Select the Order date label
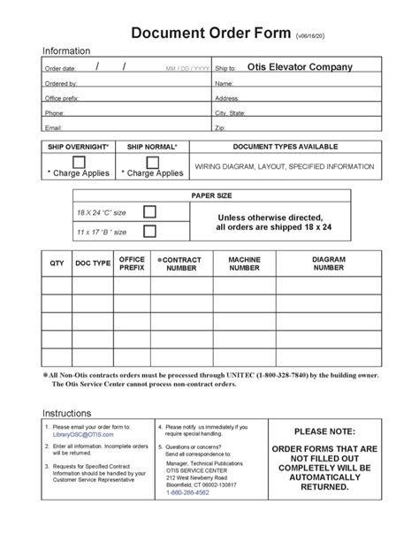click(x=61, y=68)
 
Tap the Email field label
click(x=53, y=128)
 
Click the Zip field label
click(x=220, y=128)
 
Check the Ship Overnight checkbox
click(x=79, y=162)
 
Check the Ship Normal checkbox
click(x=152, y=162)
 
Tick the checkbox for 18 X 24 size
click(x=149, y=211)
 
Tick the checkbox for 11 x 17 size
click(x=149, y=231)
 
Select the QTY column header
click(x=57, y=263)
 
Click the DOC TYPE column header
click(x=93, y=263)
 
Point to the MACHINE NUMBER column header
click(x=244, y=263)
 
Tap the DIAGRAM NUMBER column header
click(x=328, y=263)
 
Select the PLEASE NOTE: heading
click(x=324, y=431)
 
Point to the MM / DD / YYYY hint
click(x=187, y=68)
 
